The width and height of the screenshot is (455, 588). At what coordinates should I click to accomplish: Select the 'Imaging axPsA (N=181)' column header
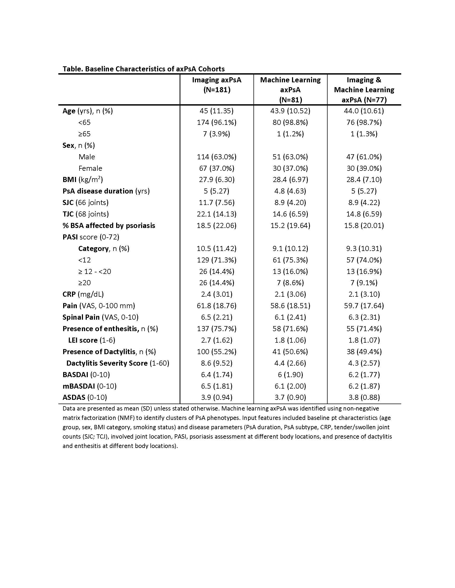click(217, 84)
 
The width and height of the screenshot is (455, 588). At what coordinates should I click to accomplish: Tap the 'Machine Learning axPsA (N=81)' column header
click(290, 90)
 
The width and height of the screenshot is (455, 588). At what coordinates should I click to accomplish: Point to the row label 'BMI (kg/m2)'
click(82, 180)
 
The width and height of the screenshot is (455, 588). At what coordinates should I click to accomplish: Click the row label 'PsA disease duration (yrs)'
click(106, 191)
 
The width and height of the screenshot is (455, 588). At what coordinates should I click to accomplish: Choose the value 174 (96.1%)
click(217, 122)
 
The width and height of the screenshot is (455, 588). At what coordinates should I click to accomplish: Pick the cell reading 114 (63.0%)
click(217, 157)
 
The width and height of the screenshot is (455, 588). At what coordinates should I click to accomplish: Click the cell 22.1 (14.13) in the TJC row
click(217, 214)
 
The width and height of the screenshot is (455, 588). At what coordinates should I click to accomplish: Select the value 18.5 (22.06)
click(217, 226)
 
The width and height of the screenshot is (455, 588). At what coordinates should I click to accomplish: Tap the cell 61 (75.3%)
click(290, 260)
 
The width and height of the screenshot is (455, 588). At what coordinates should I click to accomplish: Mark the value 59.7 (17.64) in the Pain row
click(364, 306)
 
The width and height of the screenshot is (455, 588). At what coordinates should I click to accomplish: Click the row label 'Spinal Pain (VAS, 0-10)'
click(100, 318)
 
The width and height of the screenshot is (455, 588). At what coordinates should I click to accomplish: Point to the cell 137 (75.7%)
click(217, 329)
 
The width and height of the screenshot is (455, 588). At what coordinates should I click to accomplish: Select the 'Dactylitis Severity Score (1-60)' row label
click(118, 363)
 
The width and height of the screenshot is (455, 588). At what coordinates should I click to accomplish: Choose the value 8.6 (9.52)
click(217, 363)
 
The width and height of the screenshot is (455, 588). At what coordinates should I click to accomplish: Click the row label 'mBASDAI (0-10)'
click(89, 386)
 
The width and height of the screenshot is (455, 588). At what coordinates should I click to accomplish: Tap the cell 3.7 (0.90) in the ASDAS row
click(290, 397)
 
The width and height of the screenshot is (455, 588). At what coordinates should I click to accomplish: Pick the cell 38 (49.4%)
click(364, 352)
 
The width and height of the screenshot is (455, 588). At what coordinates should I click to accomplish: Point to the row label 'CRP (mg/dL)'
click(83, 294)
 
